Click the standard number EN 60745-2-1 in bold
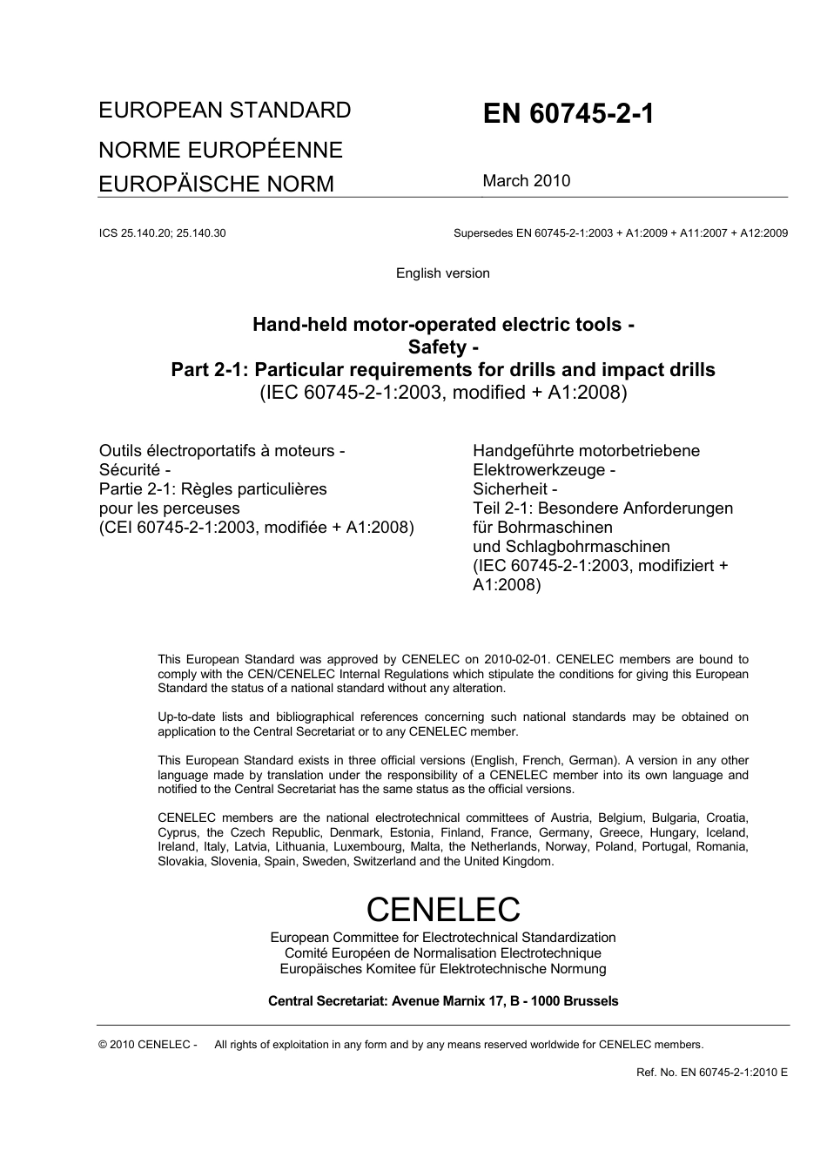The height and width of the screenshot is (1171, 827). [568, 115]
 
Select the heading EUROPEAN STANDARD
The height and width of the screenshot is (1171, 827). [225, 111]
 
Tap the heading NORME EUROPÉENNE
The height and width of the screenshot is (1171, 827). [220, 150]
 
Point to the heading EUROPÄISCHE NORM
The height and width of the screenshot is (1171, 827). [216, 184]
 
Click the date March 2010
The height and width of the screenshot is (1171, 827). [527, 181]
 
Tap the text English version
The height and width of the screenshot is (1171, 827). [442, 273]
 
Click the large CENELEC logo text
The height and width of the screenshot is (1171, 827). [442, 909]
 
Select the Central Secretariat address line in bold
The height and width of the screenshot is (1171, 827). [442, 1001]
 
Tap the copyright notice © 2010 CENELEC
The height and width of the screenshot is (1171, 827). [148, 1045]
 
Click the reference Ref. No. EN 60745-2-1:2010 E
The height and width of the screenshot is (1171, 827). [711, 1073]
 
